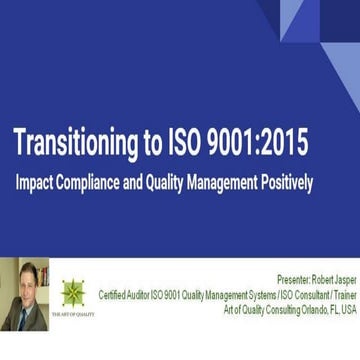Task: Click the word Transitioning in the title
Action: click(75, 145)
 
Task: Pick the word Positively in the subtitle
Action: click(286, 183)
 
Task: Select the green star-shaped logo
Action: click(73, 292)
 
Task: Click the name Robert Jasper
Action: click(332, 280)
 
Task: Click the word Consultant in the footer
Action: click(308, 295)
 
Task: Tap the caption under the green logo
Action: click(73, 314)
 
